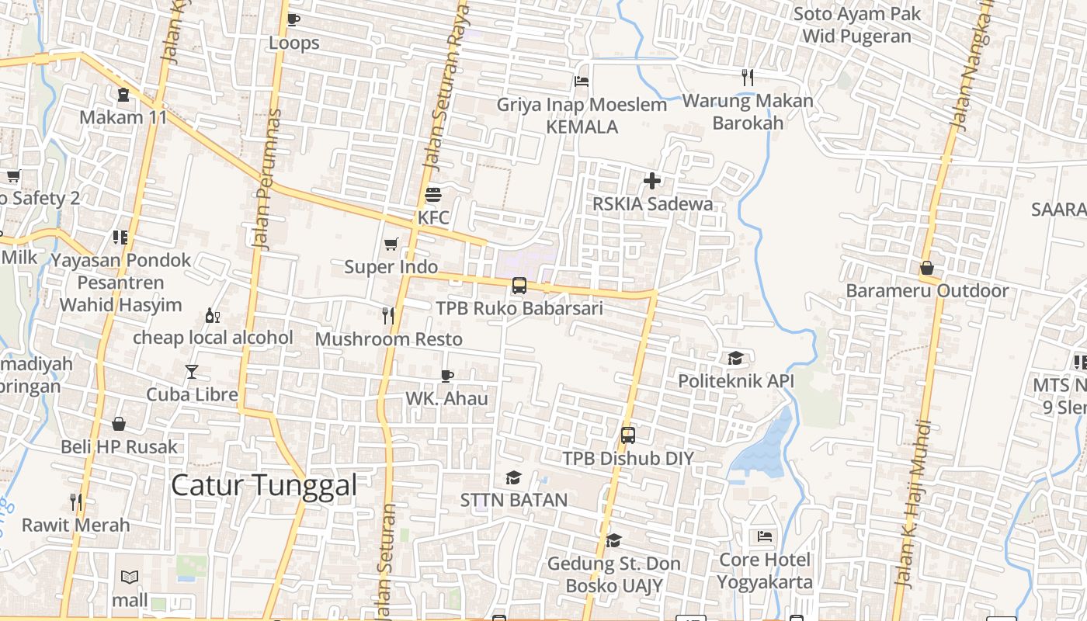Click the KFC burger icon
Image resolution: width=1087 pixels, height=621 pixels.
click(x=433, y=194)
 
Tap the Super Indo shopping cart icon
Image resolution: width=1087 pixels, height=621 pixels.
click(x=391, y=244)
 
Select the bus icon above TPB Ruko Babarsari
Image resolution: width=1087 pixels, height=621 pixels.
click(x=519, y=286)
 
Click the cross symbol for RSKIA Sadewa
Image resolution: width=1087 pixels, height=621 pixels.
click(x=652, y=181)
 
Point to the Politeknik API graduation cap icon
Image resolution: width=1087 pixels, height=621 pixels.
click(x=735, y=358)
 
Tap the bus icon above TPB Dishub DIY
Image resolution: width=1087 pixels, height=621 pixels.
click(x=628, y=435)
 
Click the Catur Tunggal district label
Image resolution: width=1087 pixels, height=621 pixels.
click(x=264, y=486)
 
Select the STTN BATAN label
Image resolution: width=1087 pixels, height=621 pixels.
click(x=514, y=500)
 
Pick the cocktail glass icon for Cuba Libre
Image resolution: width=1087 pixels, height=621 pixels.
click(x=192, y=372)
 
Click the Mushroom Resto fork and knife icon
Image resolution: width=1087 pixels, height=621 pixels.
click(x=388, y=315)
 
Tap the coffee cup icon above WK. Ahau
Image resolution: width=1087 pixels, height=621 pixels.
click(x=447, y=376)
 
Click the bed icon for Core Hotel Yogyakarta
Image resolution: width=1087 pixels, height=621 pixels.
click(x=765, y=536)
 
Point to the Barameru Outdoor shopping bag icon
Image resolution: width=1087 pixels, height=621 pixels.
click(x=927, y=268)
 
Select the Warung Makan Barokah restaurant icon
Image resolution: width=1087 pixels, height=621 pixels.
click(x=748, y=77)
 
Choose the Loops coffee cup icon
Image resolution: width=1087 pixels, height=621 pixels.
click(x=293, y=19)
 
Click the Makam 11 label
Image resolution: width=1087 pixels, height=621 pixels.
click(x=124, y=117)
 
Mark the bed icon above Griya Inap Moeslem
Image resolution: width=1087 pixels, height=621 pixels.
click(x=582, y=81)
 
